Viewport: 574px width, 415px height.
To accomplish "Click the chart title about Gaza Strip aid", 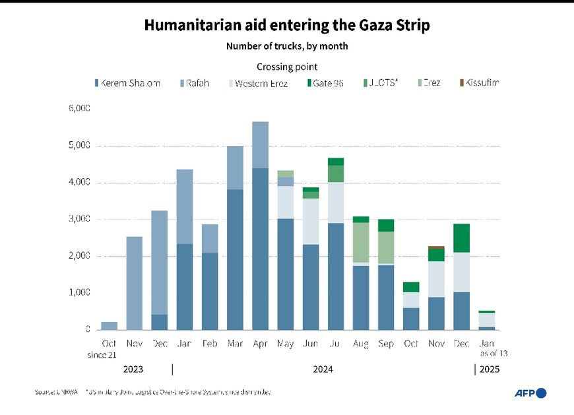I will (287, 26).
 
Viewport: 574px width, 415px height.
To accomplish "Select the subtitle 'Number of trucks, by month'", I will (287, 46).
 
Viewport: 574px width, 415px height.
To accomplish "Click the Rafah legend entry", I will (195, 83).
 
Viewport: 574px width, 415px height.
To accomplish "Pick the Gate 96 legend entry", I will (325, 83).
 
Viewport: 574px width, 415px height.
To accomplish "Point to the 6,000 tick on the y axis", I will (79, 108).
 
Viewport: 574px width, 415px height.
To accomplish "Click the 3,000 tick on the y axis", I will (79, 219).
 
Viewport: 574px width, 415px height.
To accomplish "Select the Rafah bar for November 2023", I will (134, 282).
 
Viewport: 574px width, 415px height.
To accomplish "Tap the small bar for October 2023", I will (109, 326).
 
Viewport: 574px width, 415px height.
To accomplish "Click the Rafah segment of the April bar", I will (260, 144).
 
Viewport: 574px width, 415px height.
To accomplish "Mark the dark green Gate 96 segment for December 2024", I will (462, 238).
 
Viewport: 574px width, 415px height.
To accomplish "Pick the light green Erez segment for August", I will (361, 242).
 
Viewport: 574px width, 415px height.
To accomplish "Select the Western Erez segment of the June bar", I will (311, 222).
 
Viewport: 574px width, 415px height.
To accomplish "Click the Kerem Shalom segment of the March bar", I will (235, 259).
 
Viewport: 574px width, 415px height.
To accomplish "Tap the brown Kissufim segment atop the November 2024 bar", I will (437, 247).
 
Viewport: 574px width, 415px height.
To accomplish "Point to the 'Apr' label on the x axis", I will (260, 344).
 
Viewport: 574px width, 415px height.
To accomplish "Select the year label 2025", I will (489, 369).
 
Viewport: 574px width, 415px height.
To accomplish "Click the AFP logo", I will (530, 393).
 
